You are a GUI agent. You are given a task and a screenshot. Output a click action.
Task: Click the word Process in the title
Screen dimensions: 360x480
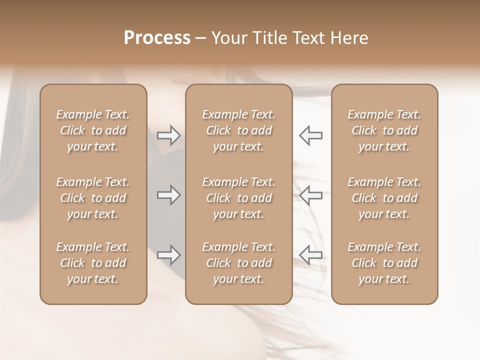click(157, 38)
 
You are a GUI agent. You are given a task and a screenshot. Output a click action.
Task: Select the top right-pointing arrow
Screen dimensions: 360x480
click(169, 135)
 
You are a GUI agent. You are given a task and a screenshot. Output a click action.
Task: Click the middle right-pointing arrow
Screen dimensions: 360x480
click(169, 195)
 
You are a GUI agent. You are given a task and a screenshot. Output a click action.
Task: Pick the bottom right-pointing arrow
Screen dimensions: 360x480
click(169, 255)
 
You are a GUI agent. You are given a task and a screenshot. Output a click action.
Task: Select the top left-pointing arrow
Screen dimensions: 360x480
click(310, 135)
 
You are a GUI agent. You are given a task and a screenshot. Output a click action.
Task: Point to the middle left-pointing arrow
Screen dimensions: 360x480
click(310, 195)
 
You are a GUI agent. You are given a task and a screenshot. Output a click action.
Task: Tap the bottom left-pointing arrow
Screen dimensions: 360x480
click(310, 255)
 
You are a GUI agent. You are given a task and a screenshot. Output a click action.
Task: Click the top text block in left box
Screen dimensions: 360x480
click(93, 130)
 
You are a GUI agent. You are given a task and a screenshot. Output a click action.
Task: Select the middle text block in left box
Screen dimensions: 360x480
click(93, 198)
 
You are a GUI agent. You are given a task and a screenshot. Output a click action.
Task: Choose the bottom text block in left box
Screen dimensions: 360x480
click(93, 263)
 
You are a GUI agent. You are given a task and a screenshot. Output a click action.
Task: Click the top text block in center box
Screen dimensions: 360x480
click(239, 130)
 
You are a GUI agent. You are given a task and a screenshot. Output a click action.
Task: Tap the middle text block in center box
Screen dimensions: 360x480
click(239, 198)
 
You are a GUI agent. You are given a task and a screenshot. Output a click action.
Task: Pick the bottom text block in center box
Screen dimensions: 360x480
click(239, 263)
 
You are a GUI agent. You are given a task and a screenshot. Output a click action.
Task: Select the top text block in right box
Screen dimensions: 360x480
click(384, 130)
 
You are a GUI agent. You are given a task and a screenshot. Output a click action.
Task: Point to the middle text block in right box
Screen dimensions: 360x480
click(384, 198)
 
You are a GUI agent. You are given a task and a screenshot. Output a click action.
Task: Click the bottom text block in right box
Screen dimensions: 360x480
click(384, 263)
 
